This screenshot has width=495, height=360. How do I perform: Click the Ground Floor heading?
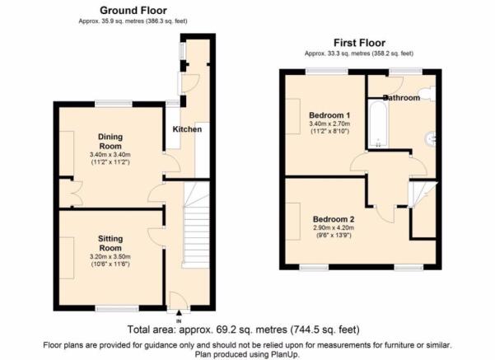coord(133,11)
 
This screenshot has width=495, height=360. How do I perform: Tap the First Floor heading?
coord(359,43)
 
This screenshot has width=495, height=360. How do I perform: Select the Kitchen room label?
coord(187,129)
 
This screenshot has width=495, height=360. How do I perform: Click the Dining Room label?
coord(110,142)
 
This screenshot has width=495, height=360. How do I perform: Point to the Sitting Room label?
coord(110,243)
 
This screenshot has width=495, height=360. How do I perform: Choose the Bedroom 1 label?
coord(329,115)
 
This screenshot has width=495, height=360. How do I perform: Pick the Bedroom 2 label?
coord(334,219)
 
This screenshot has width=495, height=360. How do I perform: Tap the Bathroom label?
coord(402,98)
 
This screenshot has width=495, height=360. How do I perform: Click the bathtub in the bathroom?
coord(378,124)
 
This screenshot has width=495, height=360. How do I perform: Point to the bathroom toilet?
coord(430,93)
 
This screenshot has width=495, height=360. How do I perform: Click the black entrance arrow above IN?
coord(179,313)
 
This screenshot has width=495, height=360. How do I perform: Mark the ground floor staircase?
coord(196,225)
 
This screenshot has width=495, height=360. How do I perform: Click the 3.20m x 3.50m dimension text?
coord(110,257)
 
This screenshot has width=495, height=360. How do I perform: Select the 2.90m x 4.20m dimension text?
coord(334,227)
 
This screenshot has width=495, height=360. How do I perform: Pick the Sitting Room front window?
coord(117,308)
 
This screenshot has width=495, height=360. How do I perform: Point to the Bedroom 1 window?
coord(327,72)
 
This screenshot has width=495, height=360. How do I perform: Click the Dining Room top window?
coord(114,104)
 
